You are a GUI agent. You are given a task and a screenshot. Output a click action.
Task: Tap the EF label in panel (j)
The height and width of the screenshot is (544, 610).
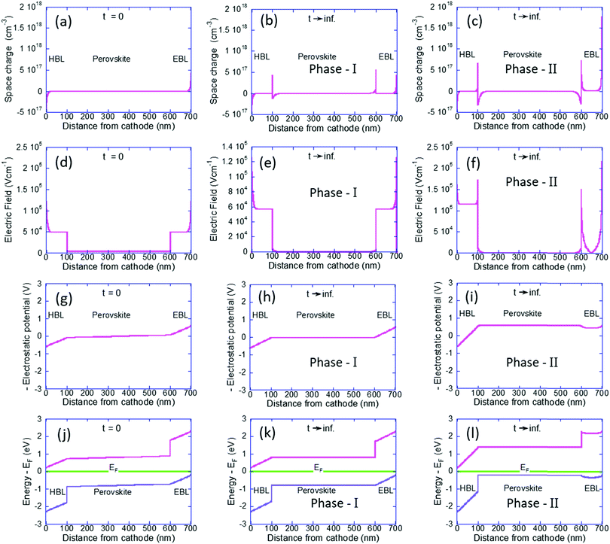[114, 467]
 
